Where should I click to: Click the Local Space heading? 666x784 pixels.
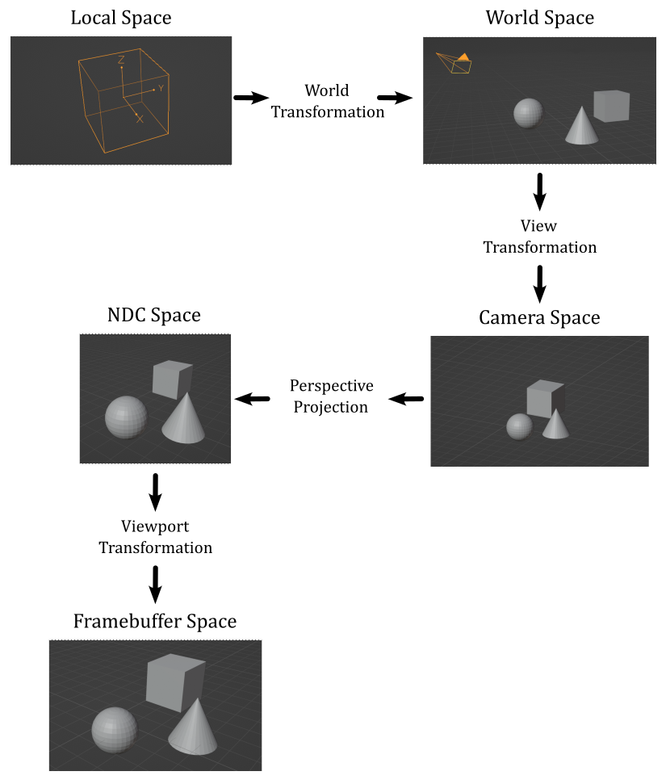[121, 17]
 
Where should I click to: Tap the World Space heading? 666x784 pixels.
[539, 17]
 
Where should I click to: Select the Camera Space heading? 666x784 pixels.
[539, 317]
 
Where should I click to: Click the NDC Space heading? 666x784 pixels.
[153, 315]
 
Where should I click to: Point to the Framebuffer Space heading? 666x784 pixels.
[155, 622]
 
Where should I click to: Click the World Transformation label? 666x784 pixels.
[327, 101]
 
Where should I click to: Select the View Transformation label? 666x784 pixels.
[539, 237]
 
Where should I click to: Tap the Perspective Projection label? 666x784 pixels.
[331, 396]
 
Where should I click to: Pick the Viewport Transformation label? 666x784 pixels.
[155, 537]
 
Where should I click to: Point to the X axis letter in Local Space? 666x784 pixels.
[140, 119]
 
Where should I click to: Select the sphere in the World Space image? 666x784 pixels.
[528, 113]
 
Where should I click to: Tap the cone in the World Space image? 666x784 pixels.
[582, 125]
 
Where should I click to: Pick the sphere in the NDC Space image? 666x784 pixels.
[126, 417]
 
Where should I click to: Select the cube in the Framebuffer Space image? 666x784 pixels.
[174, 683]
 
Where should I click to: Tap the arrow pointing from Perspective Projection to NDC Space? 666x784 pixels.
[252, 399]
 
